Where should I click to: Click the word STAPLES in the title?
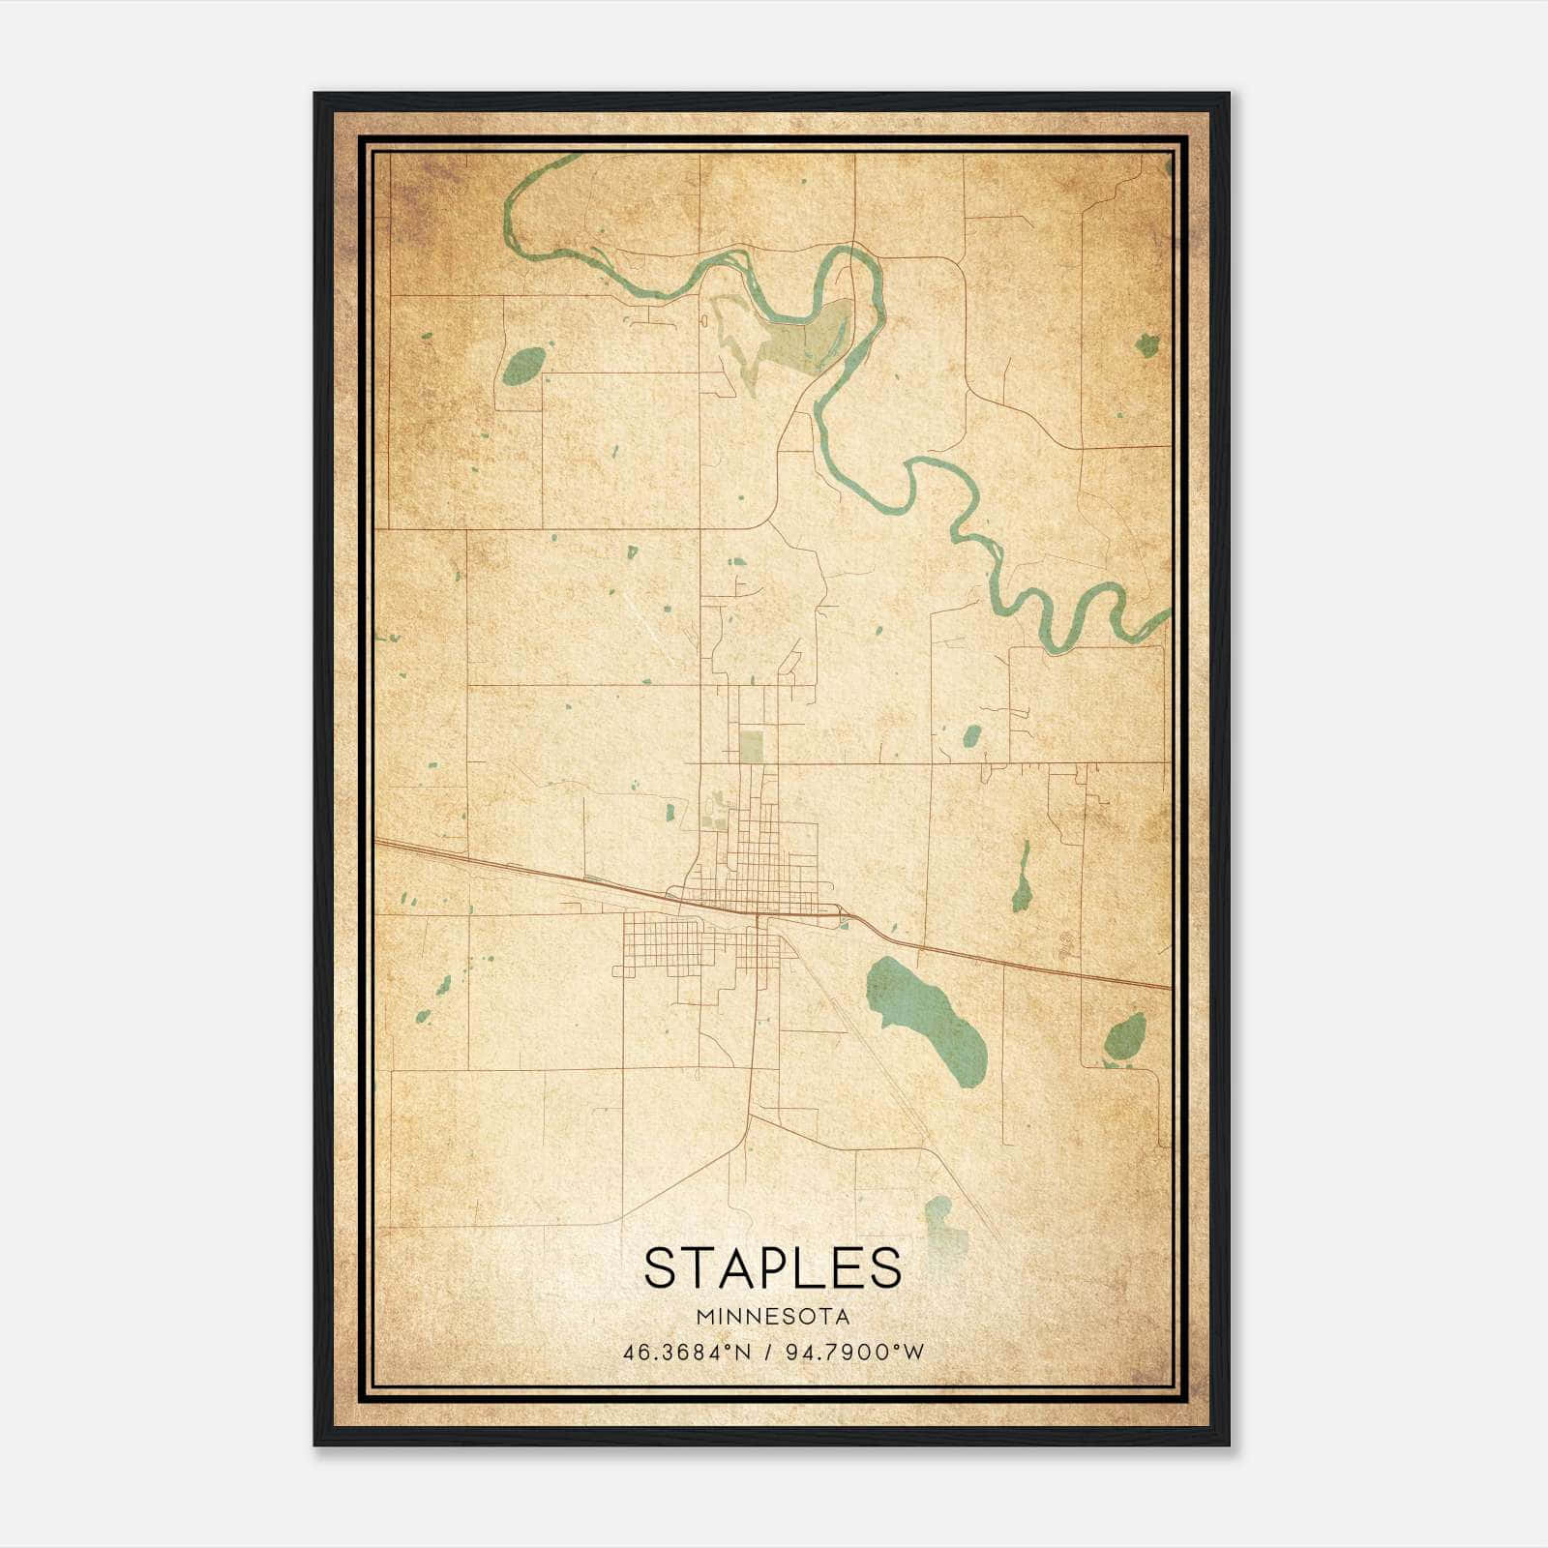pyautogui.click(x=772, y=1267)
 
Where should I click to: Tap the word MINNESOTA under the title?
pyautogui.click(x=772, y=1317)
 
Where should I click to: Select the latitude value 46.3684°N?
pyautogui.click(x=687, y=1353)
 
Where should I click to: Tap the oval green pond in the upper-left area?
pyautogui.click(x=523, y=366)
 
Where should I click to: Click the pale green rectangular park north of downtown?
pyautogui.click(x=750, y=746)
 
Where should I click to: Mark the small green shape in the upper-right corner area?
pyautogui.click(x=1147, y=344)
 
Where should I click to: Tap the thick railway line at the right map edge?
pyautogui.click(x=1156, y=986)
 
